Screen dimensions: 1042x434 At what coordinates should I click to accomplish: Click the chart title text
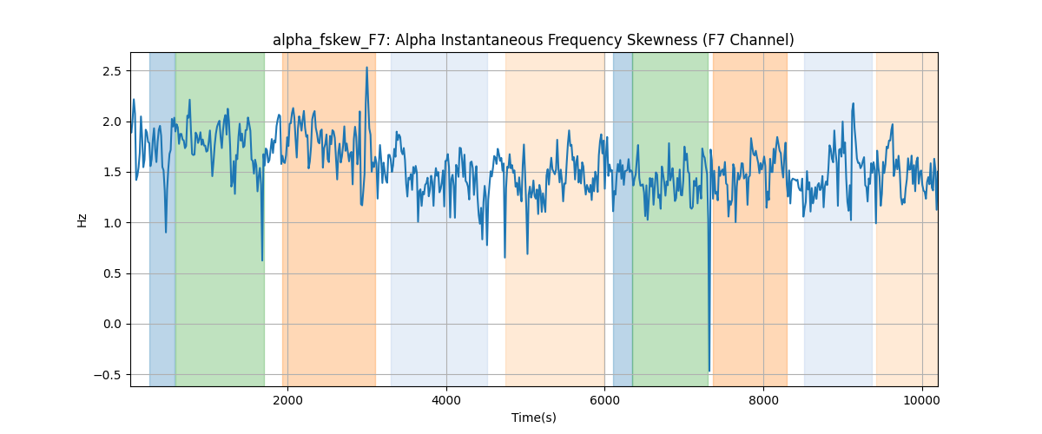click(533, 40)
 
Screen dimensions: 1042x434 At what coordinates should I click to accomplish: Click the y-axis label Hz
click(82, 220)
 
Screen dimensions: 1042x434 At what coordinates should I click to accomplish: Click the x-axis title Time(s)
click(533, 418)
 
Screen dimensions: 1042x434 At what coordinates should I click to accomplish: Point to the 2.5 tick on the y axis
click(112, 71)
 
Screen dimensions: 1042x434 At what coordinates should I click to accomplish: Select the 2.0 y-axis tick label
click(112, 122)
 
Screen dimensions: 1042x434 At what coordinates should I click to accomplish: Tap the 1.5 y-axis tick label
click(112, 172)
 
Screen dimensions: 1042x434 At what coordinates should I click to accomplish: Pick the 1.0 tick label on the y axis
click(112, 223)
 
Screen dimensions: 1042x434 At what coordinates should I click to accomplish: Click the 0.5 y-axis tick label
click(112, 273)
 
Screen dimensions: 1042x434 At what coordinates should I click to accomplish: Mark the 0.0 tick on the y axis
click(112, 325)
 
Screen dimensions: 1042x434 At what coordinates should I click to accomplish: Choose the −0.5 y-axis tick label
click(108, 375)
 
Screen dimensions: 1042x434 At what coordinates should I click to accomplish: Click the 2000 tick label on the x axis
click(288, 400)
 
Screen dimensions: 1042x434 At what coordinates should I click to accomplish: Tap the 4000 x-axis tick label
click(446, 400)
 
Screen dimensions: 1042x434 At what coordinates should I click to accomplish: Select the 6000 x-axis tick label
click(604, 400)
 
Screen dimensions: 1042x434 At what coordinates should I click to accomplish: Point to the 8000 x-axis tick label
click(763, 400)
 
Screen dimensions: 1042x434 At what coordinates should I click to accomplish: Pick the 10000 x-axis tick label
click(922, 400)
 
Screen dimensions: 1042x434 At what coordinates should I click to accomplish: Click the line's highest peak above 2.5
click(367, 68)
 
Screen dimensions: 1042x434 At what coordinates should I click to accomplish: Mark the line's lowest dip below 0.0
click(709, 371)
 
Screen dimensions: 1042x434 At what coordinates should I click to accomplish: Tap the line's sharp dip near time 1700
click(262, 260)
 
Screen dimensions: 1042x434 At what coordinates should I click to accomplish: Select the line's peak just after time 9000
click(853, 104)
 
